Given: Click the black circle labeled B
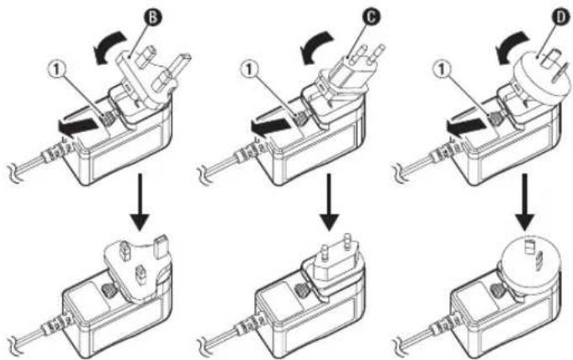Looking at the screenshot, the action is pyautogui.click(x=153, y=18).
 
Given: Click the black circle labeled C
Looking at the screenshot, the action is pyautogui.click(x=371, y=17).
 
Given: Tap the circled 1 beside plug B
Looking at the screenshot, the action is pyautogui.click(x=56, y=70).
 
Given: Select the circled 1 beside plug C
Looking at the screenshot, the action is pyautogui.click(x=249, y=70).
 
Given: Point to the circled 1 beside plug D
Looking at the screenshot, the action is pyautogui.click(x=443, y=70).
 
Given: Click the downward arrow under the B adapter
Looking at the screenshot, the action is pyautogui.click(x=140, y=202).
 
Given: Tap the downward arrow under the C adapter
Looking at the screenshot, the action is pyautogui.click(x=329, y=202).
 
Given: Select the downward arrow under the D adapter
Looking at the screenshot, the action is pyautogui.click(x=525, y=202).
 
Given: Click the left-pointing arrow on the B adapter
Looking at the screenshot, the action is pyautogui.click(x=78, y=126).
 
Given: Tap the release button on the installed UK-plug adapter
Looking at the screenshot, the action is pyautogui.click(x=109, y=290).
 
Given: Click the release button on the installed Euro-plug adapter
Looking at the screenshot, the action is pyautogui.click(x=301, y=290).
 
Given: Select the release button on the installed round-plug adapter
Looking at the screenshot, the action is pyautogui.click(x=496, y=291).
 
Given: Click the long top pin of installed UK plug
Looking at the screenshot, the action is pyautogui.click(x=161, y=246).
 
